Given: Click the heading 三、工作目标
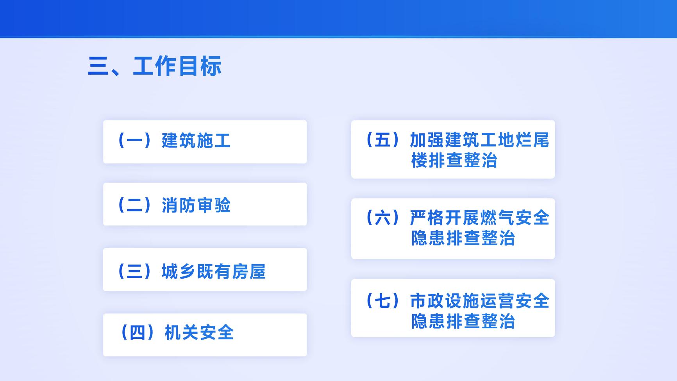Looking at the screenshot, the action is (155, 66).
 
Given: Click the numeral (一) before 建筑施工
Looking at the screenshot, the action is (134, 141).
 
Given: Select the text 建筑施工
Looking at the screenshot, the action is (196, 141).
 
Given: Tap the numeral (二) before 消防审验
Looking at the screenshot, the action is (134, 205).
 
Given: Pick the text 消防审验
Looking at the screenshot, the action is (196, 205).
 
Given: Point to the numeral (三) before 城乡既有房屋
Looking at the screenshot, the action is (134, 271).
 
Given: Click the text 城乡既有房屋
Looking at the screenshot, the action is (214, 271).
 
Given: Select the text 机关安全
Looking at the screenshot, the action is (199, 333).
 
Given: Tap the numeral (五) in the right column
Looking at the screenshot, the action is (382, 140).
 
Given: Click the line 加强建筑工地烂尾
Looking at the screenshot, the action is (480, 140).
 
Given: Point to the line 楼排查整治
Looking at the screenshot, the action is (454, 160).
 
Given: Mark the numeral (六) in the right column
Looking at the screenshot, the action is (382, 218).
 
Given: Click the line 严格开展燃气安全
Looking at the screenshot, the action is (480, 218).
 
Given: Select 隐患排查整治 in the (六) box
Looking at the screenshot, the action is (463, 238).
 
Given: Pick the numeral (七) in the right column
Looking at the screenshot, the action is (382, 301).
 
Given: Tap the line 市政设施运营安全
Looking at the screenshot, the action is (480, 301).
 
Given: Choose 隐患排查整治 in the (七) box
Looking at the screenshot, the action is (463, 321).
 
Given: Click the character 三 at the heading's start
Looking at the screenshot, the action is (98, 66).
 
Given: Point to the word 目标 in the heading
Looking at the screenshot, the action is (200, 66).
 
